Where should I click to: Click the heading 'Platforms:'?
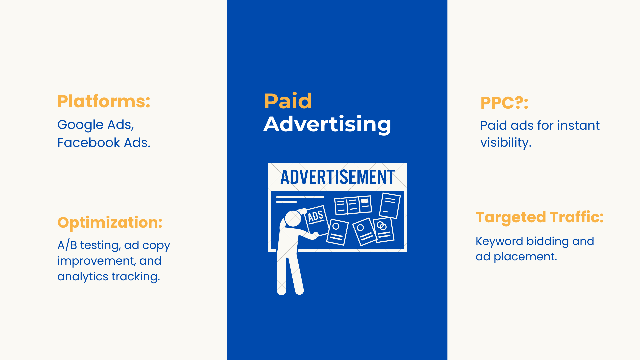pyautogui.click(x=104, y=101)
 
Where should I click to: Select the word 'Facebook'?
pyautogui.click(x=89, y=143)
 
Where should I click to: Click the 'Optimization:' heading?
pyautogui.click(x=110, y=223)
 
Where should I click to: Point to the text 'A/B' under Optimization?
pyautogui.click(x=67, y=245)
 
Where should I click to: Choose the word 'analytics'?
pyautogui.click(x=83, y=277)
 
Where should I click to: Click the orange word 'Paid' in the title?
pyautogui.click(x=288, y=101)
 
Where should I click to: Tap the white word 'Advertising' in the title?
pyautogui.click(x=327, y=124)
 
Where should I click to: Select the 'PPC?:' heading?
pyautogui.click(x=504, y=103)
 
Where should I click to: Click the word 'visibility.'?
pyautogui.click(x=506, y=143)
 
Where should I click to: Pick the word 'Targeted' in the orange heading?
pyautogui.click(x=511, y=218)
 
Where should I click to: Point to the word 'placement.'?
pyautogui.click(x=525, y=257)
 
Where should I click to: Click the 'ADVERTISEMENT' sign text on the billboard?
pyautogui.click(x=338, y=177)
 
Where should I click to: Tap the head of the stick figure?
pyautogui.click(x=293, y=219)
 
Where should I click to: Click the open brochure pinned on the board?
pyautogui.click(x=353, y=205)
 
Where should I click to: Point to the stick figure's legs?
pyautogui.click(x=289, y=273)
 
